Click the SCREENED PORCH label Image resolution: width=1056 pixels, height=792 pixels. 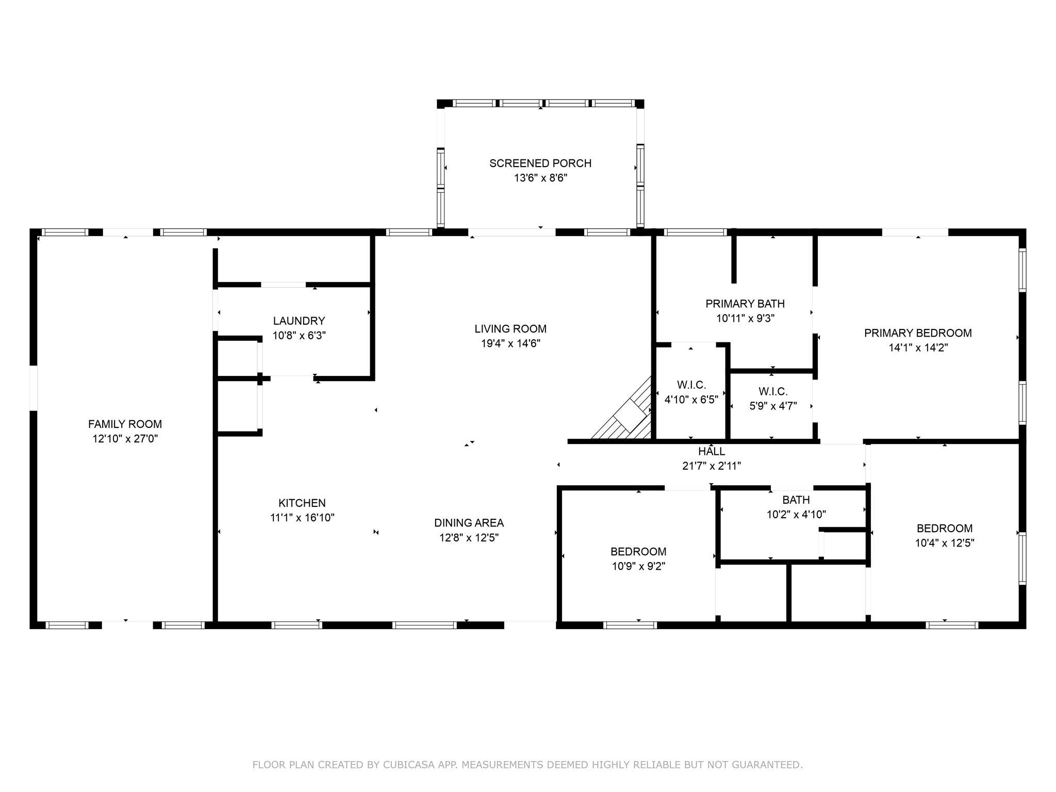pos(540,163)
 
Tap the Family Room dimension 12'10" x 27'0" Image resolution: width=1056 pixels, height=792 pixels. pos(125,439)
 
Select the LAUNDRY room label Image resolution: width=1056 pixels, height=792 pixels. pos(299,321)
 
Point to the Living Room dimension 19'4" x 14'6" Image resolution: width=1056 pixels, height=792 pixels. pos(510,343)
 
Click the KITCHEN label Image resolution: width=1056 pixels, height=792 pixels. pos(302,503)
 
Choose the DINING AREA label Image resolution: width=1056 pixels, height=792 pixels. pos(469,523)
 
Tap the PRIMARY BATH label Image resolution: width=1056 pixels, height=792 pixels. pos(745,304)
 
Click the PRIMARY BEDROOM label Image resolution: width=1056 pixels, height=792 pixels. pos(918,333)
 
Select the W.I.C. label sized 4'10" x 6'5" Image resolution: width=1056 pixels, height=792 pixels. pos(691,385)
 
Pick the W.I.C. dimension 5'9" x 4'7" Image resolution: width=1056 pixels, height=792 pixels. pos(773,406)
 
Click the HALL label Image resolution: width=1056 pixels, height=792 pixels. pos(712,452)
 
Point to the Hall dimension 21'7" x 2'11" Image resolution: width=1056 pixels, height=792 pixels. pos(712,466)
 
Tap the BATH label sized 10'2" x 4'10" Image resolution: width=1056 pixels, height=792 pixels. pos(796,500)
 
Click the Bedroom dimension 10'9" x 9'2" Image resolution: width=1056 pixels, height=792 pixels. pos(638,566)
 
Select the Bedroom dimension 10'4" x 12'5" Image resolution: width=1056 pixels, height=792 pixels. pos(945,543)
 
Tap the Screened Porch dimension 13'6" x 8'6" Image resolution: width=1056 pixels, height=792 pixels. pos(540,178)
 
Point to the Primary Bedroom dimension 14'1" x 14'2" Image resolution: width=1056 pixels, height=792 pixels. pos(918,348)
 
